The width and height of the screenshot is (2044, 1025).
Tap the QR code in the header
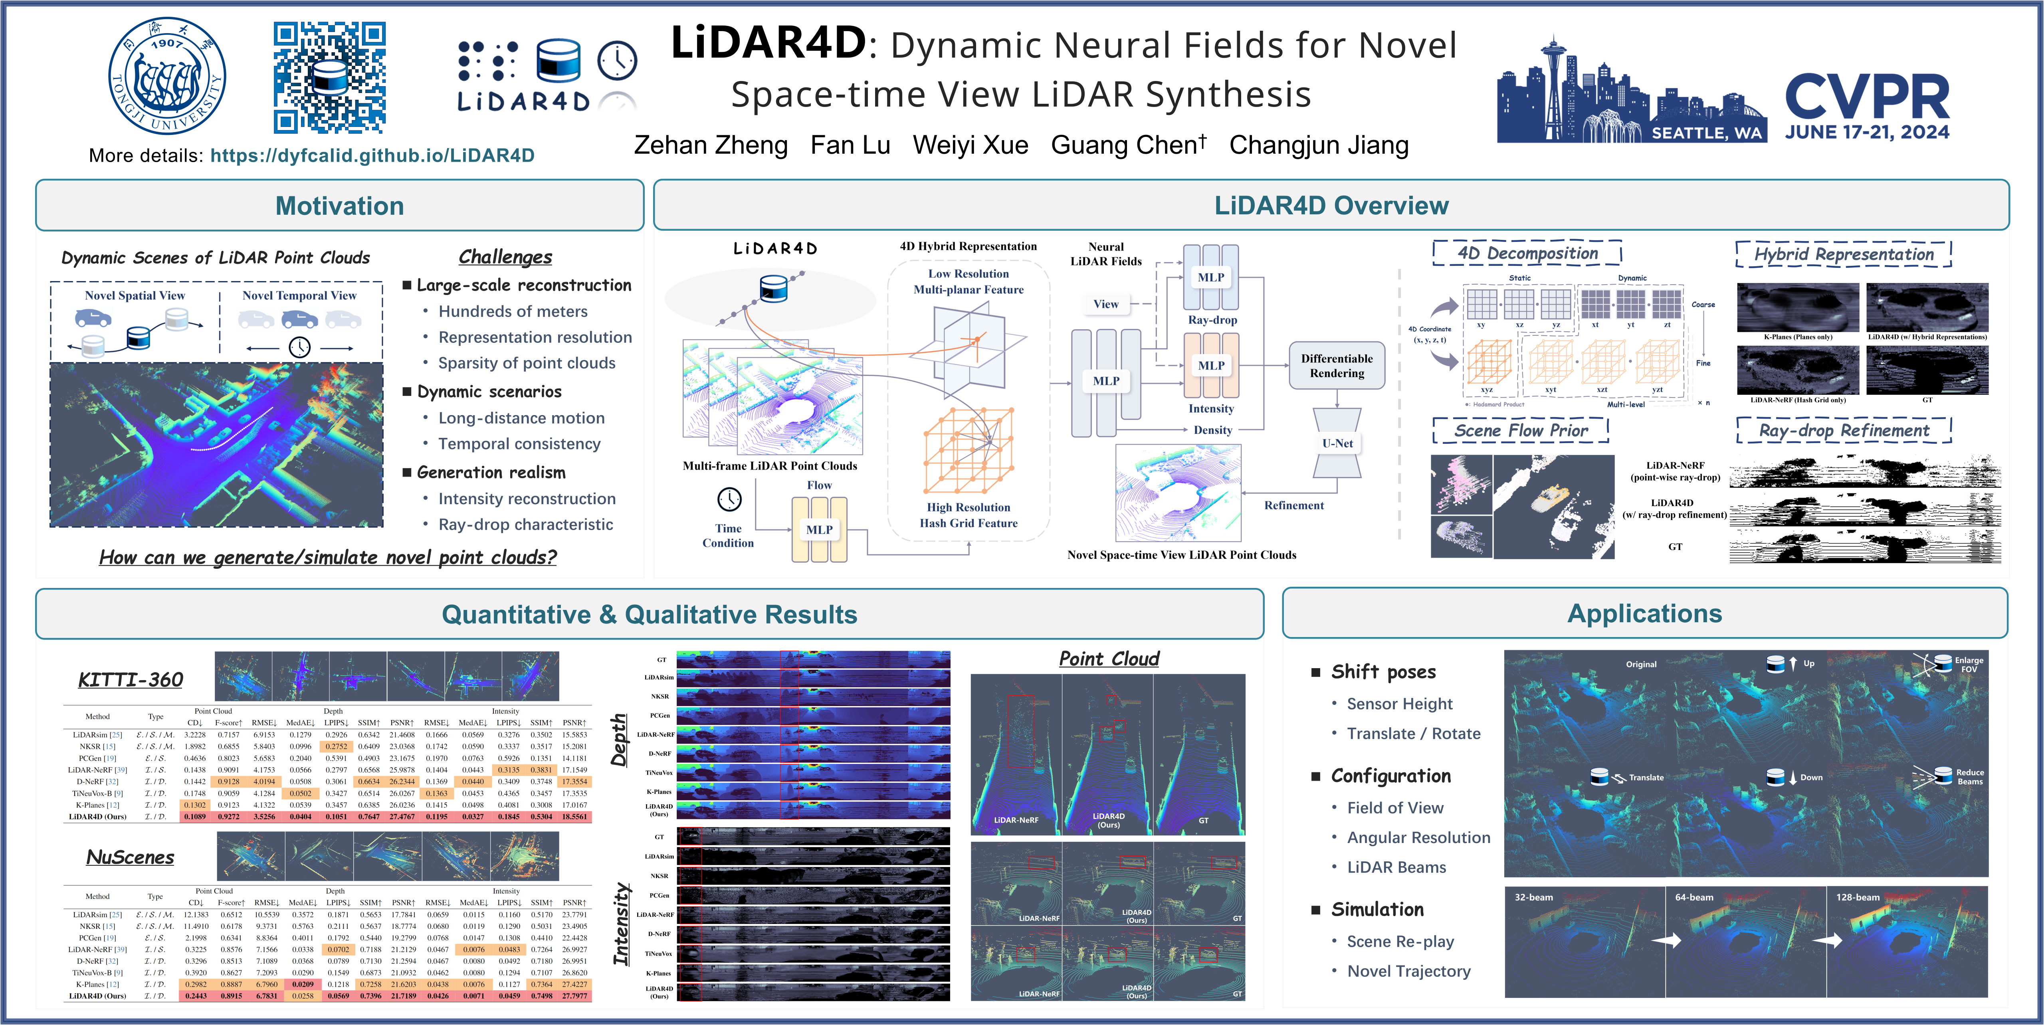[x=329, y=77]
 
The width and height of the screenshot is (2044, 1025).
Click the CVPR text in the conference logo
[x=1866, y=97]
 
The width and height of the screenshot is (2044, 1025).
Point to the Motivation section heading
[x=340, y=206]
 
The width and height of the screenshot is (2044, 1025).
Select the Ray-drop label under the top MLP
[x=1212, y=320]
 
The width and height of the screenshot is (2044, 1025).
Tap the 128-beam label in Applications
[x=1858, y=897]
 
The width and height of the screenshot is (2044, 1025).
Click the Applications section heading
[x=1644, y=614]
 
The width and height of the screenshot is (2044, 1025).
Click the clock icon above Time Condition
[x=729, y=499]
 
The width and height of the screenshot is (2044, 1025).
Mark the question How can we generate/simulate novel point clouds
[x=328, y=558]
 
